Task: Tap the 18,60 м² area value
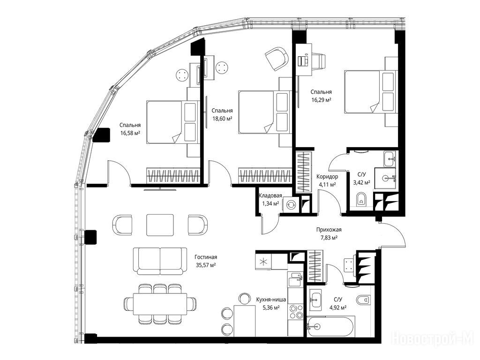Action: tap(222, 119)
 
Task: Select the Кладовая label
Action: tap(270, 196)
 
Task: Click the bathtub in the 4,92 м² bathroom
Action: tap(331, 326)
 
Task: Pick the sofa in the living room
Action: tap(160, 261)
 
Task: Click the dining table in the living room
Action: tap(160, 304)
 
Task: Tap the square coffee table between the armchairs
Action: tap(160, 225)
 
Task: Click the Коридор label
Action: tap(327, 177)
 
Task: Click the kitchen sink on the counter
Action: tap(295, 279)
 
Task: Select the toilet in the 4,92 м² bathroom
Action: tap(363, 299)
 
